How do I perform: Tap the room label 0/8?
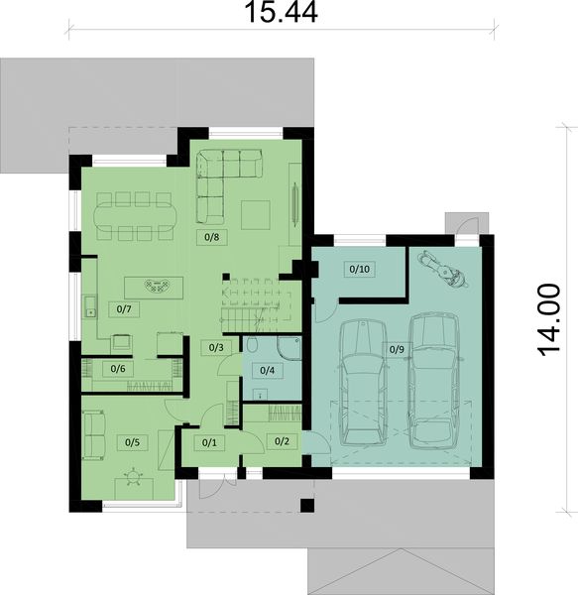click(212, 237)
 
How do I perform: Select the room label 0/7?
click(125, 309)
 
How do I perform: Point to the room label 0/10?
click(358, 269)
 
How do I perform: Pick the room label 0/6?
click(117, 369)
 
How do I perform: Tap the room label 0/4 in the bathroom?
click(266, 371)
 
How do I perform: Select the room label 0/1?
click(208, 441)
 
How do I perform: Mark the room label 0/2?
click(281, 441)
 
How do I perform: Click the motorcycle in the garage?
click(441, 268)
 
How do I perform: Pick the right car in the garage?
click(432, 377)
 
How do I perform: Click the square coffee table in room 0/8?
click(257, 213)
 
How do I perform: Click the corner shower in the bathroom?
click(288, 349)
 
